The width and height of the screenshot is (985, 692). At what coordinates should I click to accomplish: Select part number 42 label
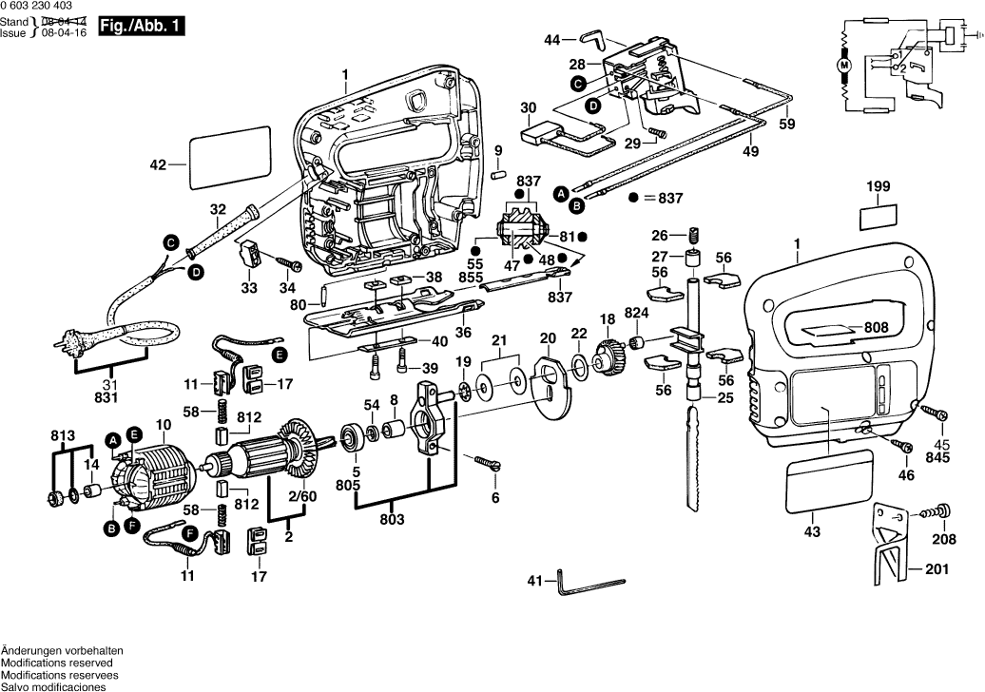tap(158, 163)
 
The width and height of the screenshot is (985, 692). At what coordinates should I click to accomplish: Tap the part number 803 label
tap(393, 519)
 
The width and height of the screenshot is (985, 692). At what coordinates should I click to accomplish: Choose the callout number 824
tap(636, 313)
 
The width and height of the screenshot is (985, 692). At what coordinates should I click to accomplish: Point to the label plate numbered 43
tap(830, 484)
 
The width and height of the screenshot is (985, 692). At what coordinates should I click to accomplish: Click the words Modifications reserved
tap(56, 662)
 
